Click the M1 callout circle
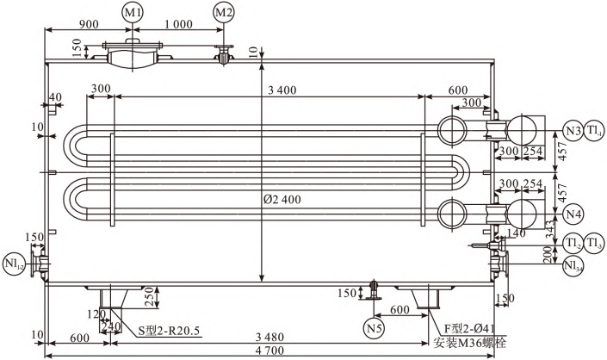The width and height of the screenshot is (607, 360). coord(133,12)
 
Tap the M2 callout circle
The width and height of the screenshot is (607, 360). coord(224,12)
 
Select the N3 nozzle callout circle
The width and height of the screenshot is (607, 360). coord(573,130)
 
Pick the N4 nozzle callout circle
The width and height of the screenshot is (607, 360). coord(573,214)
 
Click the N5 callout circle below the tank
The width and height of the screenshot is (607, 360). coord(374,329)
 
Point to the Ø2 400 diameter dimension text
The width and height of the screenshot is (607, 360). coord(282,200)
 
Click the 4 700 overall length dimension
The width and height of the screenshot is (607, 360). coord(269,351)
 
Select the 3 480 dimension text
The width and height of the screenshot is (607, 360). coord(269,337)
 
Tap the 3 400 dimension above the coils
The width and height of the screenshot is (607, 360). coord(282,90)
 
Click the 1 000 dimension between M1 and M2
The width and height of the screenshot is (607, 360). coord(178,24)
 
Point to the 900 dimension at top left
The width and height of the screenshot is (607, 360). coord(89,24)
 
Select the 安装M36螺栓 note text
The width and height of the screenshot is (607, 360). coord(469,343)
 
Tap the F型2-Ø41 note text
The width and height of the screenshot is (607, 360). coord(469,329)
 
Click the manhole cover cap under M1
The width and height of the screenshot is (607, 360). coord(133,41)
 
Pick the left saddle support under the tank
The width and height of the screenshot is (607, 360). coord(111,297)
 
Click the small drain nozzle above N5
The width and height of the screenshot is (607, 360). coord(374,289)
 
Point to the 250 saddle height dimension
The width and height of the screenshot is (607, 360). coord(151,297)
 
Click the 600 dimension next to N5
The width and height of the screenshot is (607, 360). coord(400,310)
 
